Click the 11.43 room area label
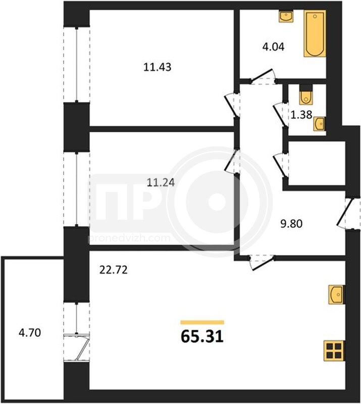click(x=157, y=67)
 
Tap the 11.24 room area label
click(x=161, y=182)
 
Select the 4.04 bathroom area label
click(x=273, y=47)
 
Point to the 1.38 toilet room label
click(x=301, y=115)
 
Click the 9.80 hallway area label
click(x=291, y=224)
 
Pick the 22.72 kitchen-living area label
click(x=114, y=270)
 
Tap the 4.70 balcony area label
click(x=30, y=333)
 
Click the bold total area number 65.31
click(x=202, y=336)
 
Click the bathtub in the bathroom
click(x=315, y=33)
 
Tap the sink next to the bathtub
click(x=286, y=17)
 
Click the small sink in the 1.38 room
click(x=320, y=124)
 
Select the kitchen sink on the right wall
click(x=336, y=295)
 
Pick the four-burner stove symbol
click(x=334, y=350)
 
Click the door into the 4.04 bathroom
click(x=263, y=77)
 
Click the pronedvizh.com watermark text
click(x=129, y=238)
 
